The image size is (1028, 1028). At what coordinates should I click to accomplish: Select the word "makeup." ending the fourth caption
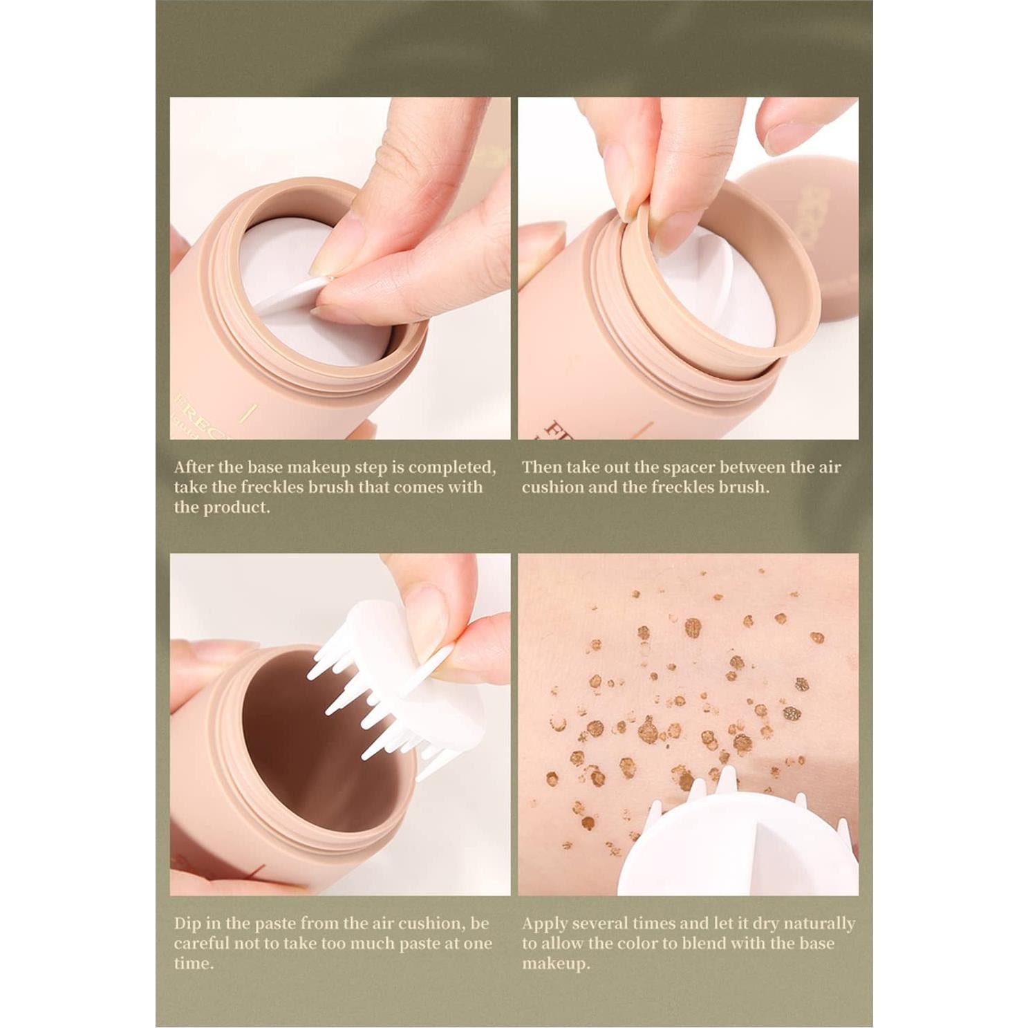tap(556, 964)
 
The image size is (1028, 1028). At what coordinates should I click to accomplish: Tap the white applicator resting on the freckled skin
tap(733, 850)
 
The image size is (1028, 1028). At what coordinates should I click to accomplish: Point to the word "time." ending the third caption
tap(194, 964)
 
